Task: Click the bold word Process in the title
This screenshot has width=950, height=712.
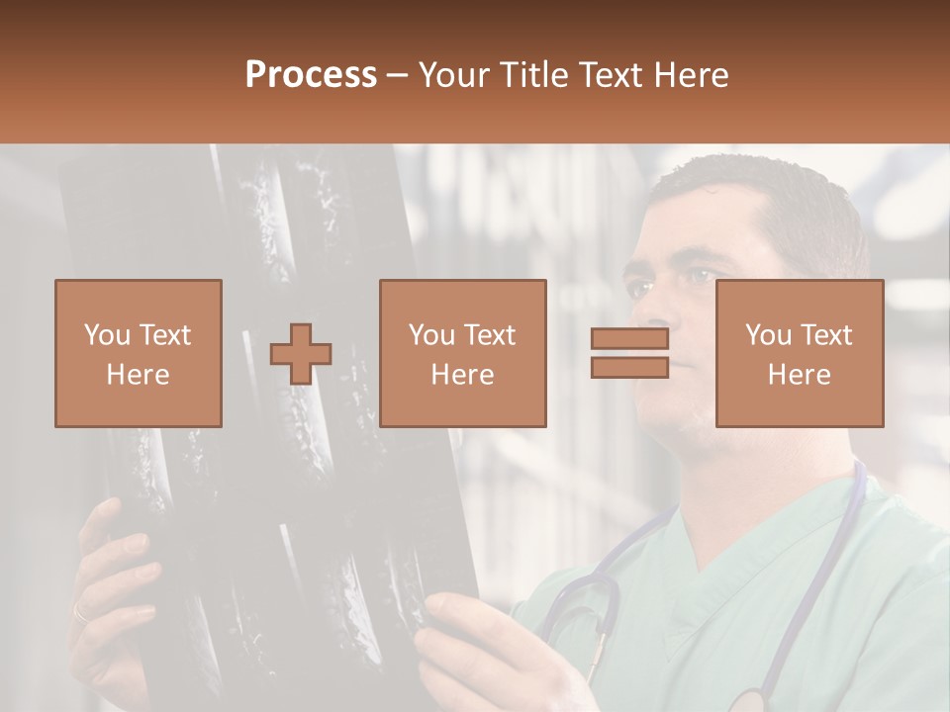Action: pos(311,75)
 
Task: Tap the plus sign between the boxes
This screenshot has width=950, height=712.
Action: pos(301,354)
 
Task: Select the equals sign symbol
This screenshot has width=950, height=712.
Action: pos(629,353)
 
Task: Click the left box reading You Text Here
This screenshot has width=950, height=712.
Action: pos(139,353)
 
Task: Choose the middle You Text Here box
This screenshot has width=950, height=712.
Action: pos(463,353)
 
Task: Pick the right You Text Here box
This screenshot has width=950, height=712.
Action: pos(800,353)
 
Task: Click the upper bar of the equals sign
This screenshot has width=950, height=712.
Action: pos(629,339)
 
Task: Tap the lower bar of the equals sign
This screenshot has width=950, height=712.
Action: pos(629,367)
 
